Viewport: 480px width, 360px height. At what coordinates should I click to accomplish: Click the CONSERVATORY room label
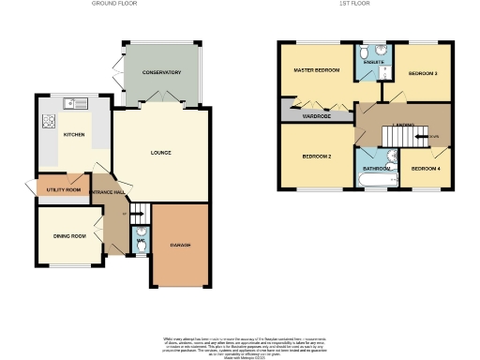click(161, 72)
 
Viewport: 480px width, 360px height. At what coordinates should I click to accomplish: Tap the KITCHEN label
click(74, 135)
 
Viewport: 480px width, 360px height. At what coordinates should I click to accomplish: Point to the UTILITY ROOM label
click(63, 190)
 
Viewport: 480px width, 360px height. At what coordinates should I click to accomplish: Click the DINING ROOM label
click(68, 235)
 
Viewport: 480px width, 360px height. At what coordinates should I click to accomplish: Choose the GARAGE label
click(180, 246)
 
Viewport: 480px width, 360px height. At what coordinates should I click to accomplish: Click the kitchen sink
click(69, 102)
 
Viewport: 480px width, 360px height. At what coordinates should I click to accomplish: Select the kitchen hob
click(46, 120)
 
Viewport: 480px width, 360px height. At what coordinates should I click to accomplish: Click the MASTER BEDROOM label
click(315, 70)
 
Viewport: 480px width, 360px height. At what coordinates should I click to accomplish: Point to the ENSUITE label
click(372, 63)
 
